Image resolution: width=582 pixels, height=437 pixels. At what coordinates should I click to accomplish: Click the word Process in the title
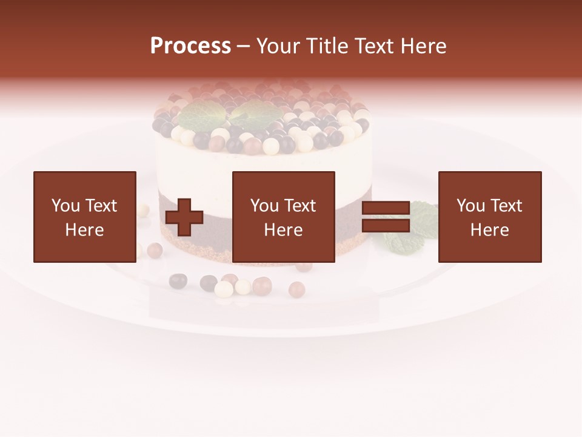[x=190, y=46]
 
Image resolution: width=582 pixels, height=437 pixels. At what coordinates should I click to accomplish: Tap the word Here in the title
[x=423, y=46]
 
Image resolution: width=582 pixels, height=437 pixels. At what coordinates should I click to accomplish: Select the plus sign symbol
[x=184, y=217]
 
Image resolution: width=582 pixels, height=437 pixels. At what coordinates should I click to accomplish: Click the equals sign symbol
[x=386, y=217]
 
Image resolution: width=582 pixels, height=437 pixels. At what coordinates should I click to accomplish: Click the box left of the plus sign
[x=84, y=217]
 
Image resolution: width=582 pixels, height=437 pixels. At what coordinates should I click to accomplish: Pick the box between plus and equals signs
[x=283, y=217]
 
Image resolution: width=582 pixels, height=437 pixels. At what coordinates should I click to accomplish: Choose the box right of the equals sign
[x=489, y=217]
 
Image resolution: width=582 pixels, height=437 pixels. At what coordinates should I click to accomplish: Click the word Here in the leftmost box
[x=84, y=230]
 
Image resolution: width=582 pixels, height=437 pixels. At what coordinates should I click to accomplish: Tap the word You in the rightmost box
[x=470, y=206]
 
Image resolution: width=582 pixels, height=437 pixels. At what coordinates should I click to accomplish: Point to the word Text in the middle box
[x=301, y=206]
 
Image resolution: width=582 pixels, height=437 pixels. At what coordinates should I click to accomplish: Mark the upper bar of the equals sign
[x=386, y=208]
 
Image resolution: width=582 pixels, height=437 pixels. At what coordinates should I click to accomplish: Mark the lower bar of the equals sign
[x=386, y=226]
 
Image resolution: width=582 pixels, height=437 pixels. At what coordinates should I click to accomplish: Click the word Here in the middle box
[x=283, y=230]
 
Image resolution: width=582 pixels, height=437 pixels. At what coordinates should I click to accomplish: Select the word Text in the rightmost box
[x=507, y=206]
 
